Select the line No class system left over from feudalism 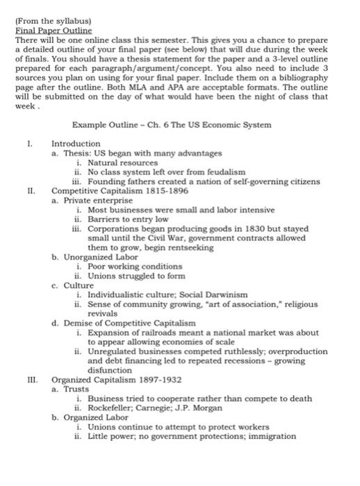point(166,171)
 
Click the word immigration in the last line point(268,437)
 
